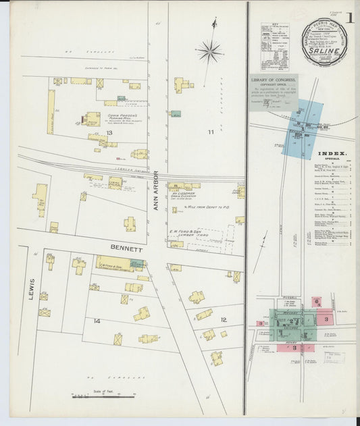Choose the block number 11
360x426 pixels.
point(211,132)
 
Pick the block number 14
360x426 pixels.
point(97,321)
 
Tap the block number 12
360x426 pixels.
point(223,319)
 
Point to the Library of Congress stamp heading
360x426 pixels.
point(275,79)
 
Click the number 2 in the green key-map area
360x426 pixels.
point(292,321)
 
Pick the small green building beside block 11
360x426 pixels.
point(176,113)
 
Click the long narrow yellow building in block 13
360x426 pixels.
point(51,111)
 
